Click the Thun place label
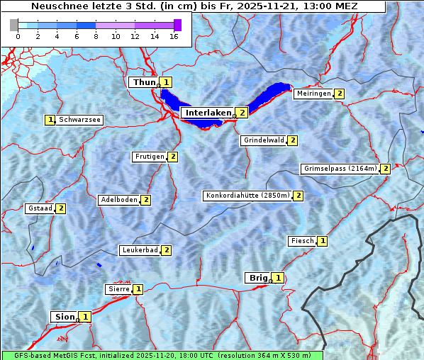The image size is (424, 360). (x=143, y=82)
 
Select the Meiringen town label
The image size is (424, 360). (x=313, y=94)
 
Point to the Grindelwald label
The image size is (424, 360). (x=263, y=140)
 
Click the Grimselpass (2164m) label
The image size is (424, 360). (x=340, y=169)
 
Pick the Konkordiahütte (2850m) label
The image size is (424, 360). (x=247, y=196)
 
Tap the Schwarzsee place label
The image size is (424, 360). (x=79, y=120)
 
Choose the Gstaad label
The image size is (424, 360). (x=40, y=208)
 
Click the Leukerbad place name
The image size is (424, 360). (x=139, y=250)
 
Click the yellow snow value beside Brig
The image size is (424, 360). (x=278, y=278)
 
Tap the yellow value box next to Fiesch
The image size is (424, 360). (x=323, y=241)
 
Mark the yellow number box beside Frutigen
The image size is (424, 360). (x=172, y=157)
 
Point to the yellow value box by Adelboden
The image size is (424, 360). (x=146, y=200)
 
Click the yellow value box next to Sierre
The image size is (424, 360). (x=138, y=289)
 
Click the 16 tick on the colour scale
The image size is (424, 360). (x=174, y=36)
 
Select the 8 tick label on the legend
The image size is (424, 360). (x=96, y=36)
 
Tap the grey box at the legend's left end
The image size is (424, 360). (x=13, y=25)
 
